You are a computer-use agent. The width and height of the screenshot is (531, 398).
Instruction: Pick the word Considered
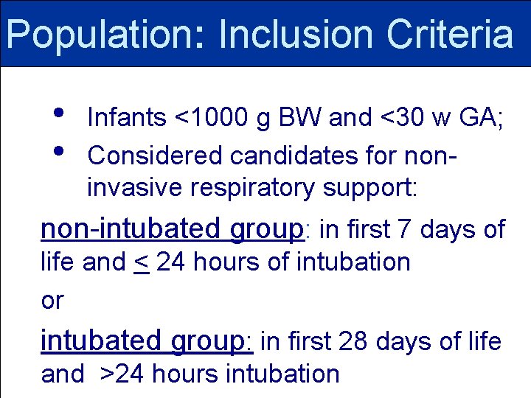tap(156, 156)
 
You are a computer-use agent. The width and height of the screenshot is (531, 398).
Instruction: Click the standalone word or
tap(52, 301)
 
